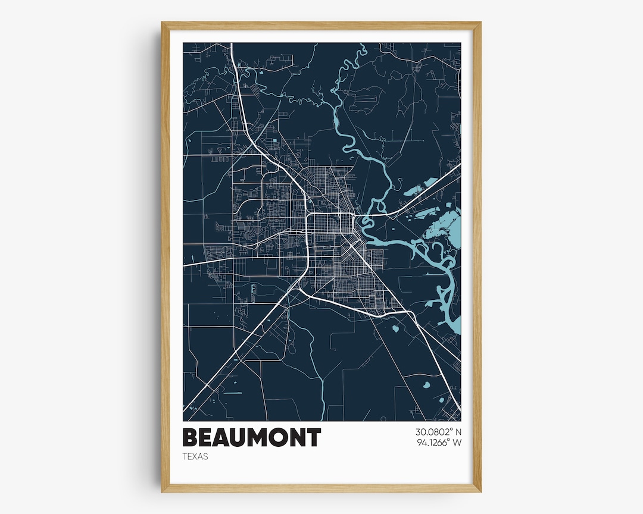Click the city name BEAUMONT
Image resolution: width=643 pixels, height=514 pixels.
[251, 438]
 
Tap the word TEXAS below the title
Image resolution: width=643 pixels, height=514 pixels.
[195, 457]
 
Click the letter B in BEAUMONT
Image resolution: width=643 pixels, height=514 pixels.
[191, 438]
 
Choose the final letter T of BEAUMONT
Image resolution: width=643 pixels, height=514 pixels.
[314, 438]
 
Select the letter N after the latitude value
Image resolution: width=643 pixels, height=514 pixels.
[458, 432]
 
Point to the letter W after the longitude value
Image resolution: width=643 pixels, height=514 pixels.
[458, 443]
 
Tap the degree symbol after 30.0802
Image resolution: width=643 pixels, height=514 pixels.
[451, 430]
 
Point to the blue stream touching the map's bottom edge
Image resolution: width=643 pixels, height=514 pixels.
[323, 414]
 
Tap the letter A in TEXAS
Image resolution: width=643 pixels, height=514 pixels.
[201, 457]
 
